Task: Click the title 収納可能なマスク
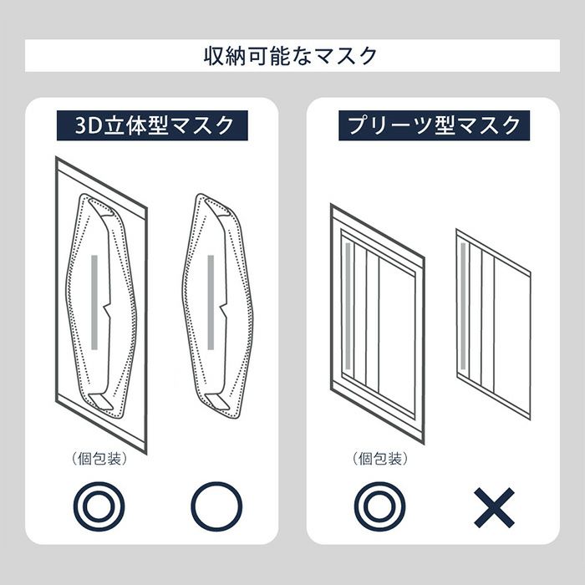pos(290,56)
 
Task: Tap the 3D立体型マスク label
pos(152,125)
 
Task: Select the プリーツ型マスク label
pos(434,125)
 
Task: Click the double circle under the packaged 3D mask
pos(99,506)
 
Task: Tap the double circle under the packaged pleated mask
pos(379,506)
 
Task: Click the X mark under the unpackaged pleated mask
pos(495,507)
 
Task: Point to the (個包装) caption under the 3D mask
pos(99,459)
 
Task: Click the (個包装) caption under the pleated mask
pos(380,459)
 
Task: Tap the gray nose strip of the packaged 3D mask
pos(94,303)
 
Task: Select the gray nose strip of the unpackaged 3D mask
pos(211,303)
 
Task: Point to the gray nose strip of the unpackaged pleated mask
pos(463,305)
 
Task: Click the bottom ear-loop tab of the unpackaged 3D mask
pos(217,402)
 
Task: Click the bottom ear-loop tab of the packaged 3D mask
pos(101,402)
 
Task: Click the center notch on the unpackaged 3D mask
pos(223,311)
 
